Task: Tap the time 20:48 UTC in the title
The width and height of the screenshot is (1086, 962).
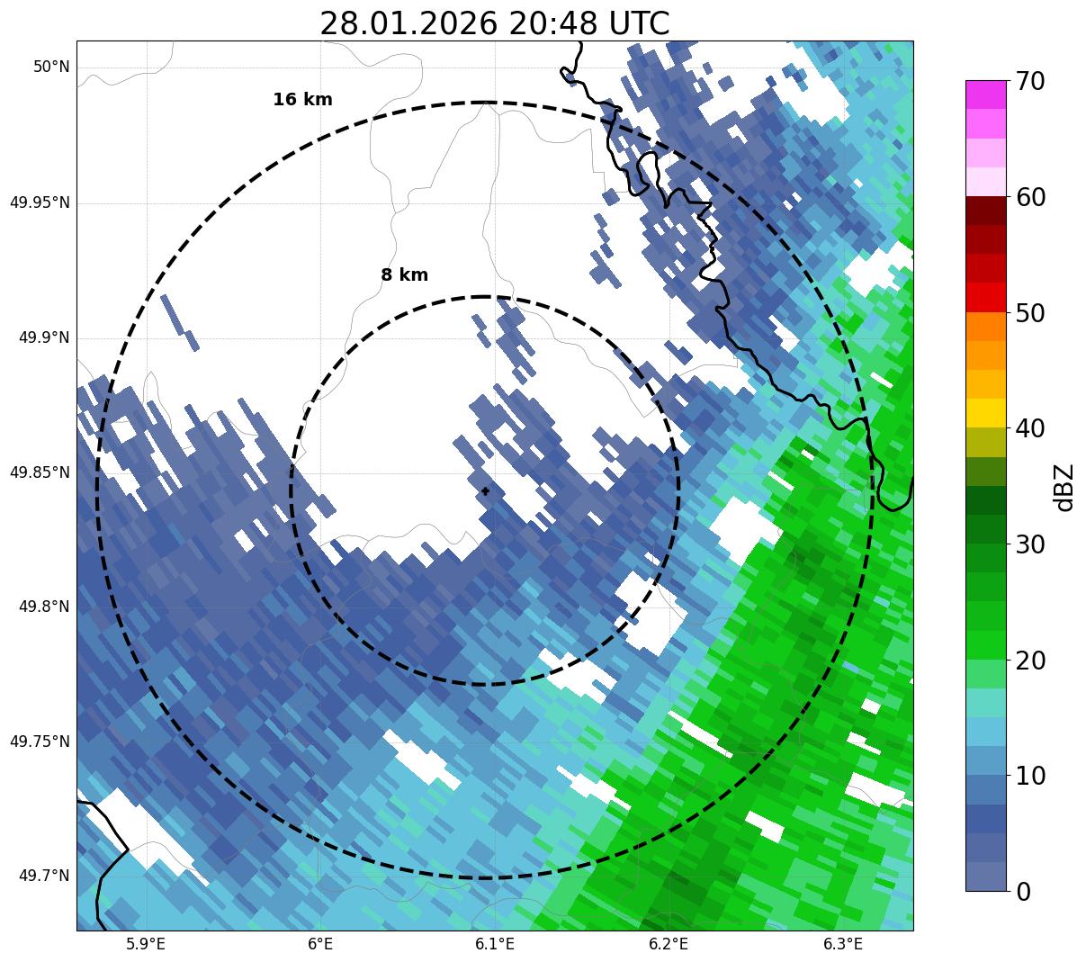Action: pos(589,23)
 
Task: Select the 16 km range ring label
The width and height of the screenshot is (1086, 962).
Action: pos(302,100)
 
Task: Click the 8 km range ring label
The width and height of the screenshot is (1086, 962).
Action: pos(404,275)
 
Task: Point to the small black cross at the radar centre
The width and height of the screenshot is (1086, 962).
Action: pos(486,491)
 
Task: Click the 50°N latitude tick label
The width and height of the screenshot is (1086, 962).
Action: pos(51,67)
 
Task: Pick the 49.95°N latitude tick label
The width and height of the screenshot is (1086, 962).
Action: pos(40,202)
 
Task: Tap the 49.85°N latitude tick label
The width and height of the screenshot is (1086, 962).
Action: pos(40,472)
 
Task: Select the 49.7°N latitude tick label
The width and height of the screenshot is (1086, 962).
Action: pos(44,877)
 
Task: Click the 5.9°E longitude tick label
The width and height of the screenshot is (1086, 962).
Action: pos(147,944)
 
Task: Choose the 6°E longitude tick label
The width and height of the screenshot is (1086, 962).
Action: pos(320,944)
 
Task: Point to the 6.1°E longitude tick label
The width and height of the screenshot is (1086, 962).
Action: pos(495,944)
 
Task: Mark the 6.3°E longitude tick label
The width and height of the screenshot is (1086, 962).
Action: pos(843,944)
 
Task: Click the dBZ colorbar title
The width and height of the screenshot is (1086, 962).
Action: pos(1065,487)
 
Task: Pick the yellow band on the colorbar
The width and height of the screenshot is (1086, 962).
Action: pos(986,413)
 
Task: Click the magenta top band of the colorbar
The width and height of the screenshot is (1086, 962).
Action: pos(986,94)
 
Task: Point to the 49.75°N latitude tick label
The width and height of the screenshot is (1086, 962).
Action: pos(40,742)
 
